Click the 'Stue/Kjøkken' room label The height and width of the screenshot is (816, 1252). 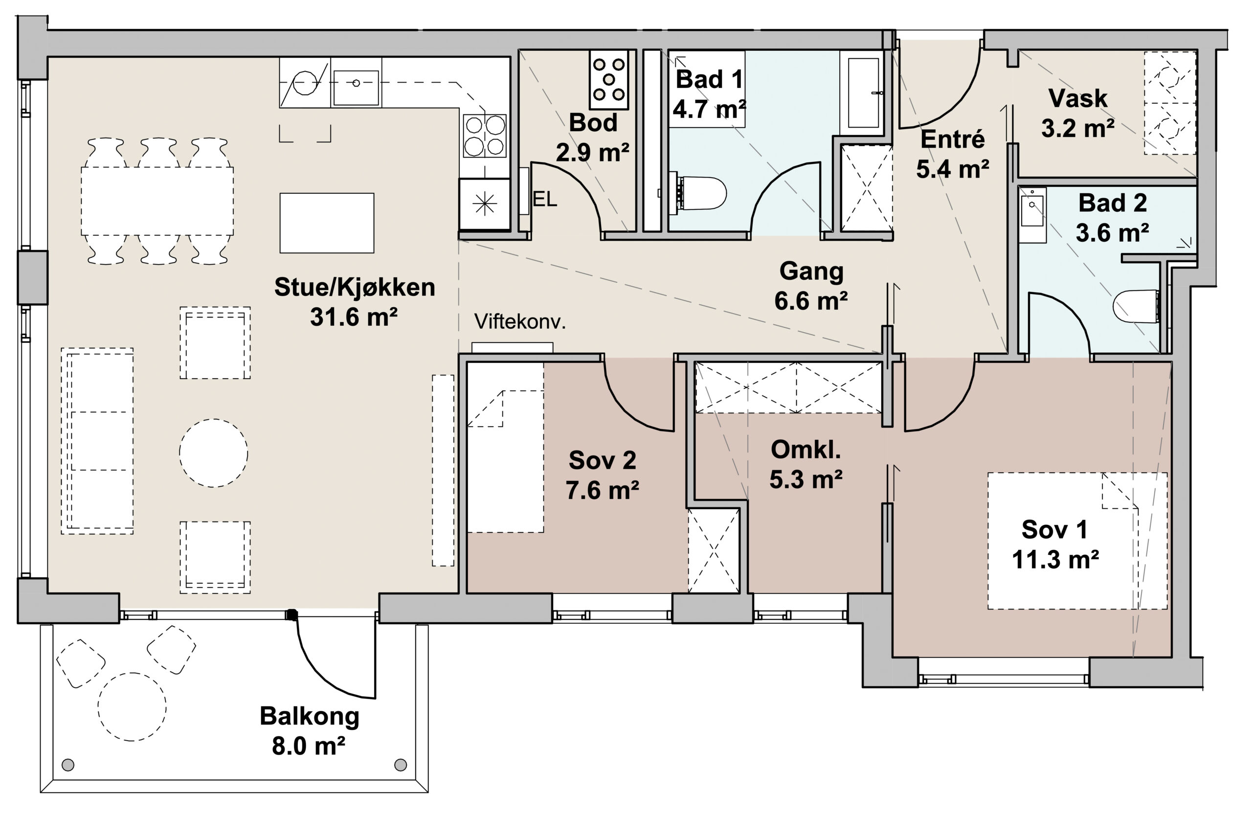click(355, 288)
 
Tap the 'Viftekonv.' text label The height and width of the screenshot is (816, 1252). click(520, 321)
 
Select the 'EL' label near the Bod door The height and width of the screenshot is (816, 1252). click(545, 199)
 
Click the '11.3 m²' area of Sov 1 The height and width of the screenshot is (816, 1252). click(1055, 560)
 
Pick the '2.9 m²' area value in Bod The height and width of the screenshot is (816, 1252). click(592, 153)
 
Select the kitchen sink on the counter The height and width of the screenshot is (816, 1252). click(356, 88)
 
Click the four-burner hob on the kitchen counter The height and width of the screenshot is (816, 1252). click(485, 136)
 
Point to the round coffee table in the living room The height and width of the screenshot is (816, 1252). click(214, 453)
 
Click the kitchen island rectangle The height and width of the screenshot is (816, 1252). click(327, 223)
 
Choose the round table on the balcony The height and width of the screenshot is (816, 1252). click(132, 706)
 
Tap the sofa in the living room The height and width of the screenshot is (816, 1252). click(97, 441)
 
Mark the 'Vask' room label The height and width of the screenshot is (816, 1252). click(1078, 98)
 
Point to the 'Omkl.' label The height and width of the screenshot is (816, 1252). click(806, 450)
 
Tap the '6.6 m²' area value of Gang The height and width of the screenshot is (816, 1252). click(811, 301)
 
